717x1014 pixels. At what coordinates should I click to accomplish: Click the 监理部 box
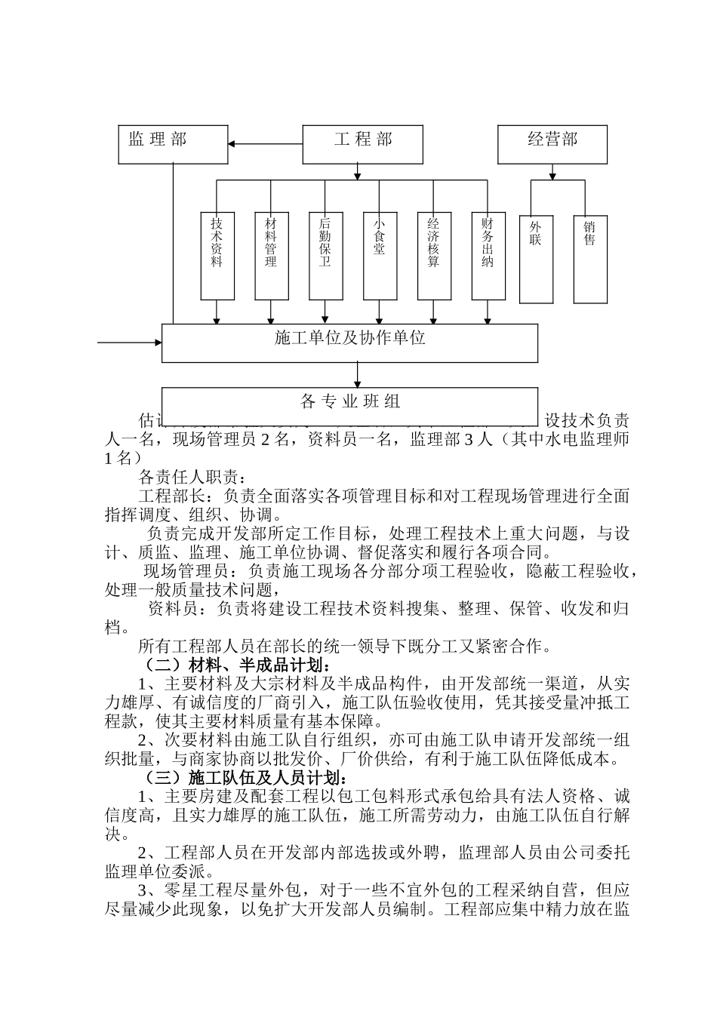(173, 144)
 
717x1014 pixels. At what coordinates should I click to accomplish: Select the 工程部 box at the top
(362, 144)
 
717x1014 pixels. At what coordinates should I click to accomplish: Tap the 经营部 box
(552, 144)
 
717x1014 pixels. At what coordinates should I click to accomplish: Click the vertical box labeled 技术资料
(217, 255)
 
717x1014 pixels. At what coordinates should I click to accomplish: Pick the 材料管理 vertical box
(271, 255)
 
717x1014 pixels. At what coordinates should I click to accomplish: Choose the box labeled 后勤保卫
(325, 255)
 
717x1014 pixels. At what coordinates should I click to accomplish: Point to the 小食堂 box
(380, 255)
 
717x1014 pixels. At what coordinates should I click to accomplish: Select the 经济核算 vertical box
(434, 255)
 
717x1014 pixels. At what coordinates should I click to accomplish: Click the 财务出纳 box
(488, 255)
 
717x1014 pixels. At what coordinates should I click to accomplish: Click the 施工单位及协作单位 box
(349, 343)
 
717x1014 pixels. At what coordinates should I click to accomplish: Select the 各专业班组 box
(349, 401)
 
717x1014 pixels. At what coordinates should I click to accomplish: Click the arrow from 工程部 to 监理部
(265, 144)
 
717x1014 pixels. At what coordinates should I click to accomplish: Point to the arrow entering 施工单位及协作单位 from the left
(130, 343)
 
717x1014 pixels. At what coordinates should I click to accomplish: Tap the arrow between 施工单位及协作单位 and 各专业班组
(358, 375)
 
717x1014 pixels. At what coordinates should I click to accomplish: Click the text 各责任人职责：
(192, 478)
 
